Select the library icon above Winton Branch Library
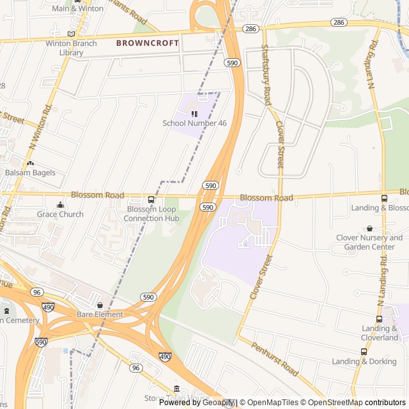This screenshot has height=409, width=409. pos(71,34)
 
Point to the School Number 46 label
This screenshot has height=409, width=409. pos(194,123)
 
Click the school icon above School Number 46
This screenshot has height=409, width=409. pos(194,113)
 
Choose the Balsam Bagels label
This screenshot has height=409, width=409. pos(30,173)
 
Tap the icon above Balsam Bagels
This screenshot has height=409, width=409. pos(30,163)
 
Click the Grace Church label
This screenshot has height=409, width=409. pos(60,214)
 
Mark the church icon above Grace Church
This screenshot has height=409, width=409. pos(60,204)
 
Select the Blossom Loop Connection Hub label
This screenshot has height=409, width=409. pos(151,213)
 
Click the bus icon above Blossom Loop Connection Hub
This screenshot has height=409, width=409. pos(151,199)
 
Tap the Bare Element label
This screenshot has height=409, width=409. pos(100,314)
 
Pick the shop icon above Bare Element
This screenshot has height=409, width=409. pos(100,305)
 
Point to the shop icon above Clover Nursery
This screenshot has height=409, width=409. pos(369,228)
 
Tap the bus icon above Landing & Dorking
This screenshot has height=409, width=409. pos(364,351)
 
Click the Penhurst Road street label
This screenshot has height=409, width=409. pos(275,359)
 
